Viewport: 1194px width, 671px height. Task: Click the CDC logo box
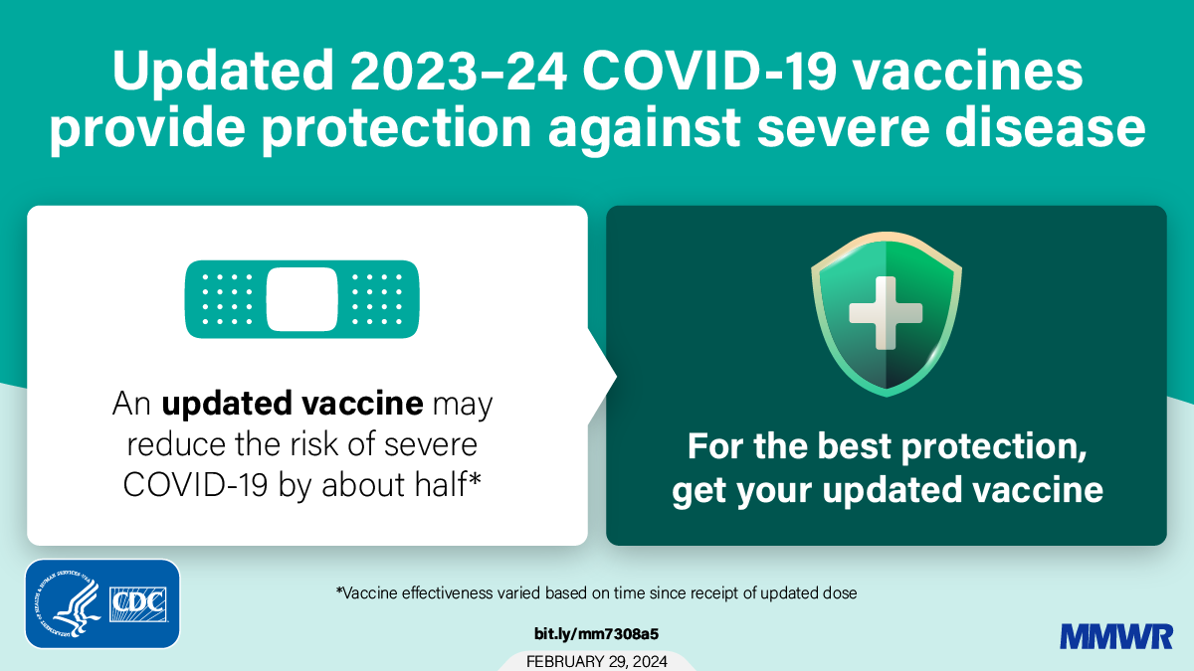(138, 602)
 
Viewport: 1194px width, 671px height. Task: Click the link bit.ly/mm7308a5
(597, 633)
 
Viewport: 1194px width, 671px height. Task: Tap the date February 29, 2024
(597, 661)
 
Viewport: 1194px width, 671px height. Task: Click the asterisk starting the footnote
(339, 591)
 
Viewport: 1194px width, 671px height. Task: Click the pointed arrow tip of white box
(614, 376)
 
